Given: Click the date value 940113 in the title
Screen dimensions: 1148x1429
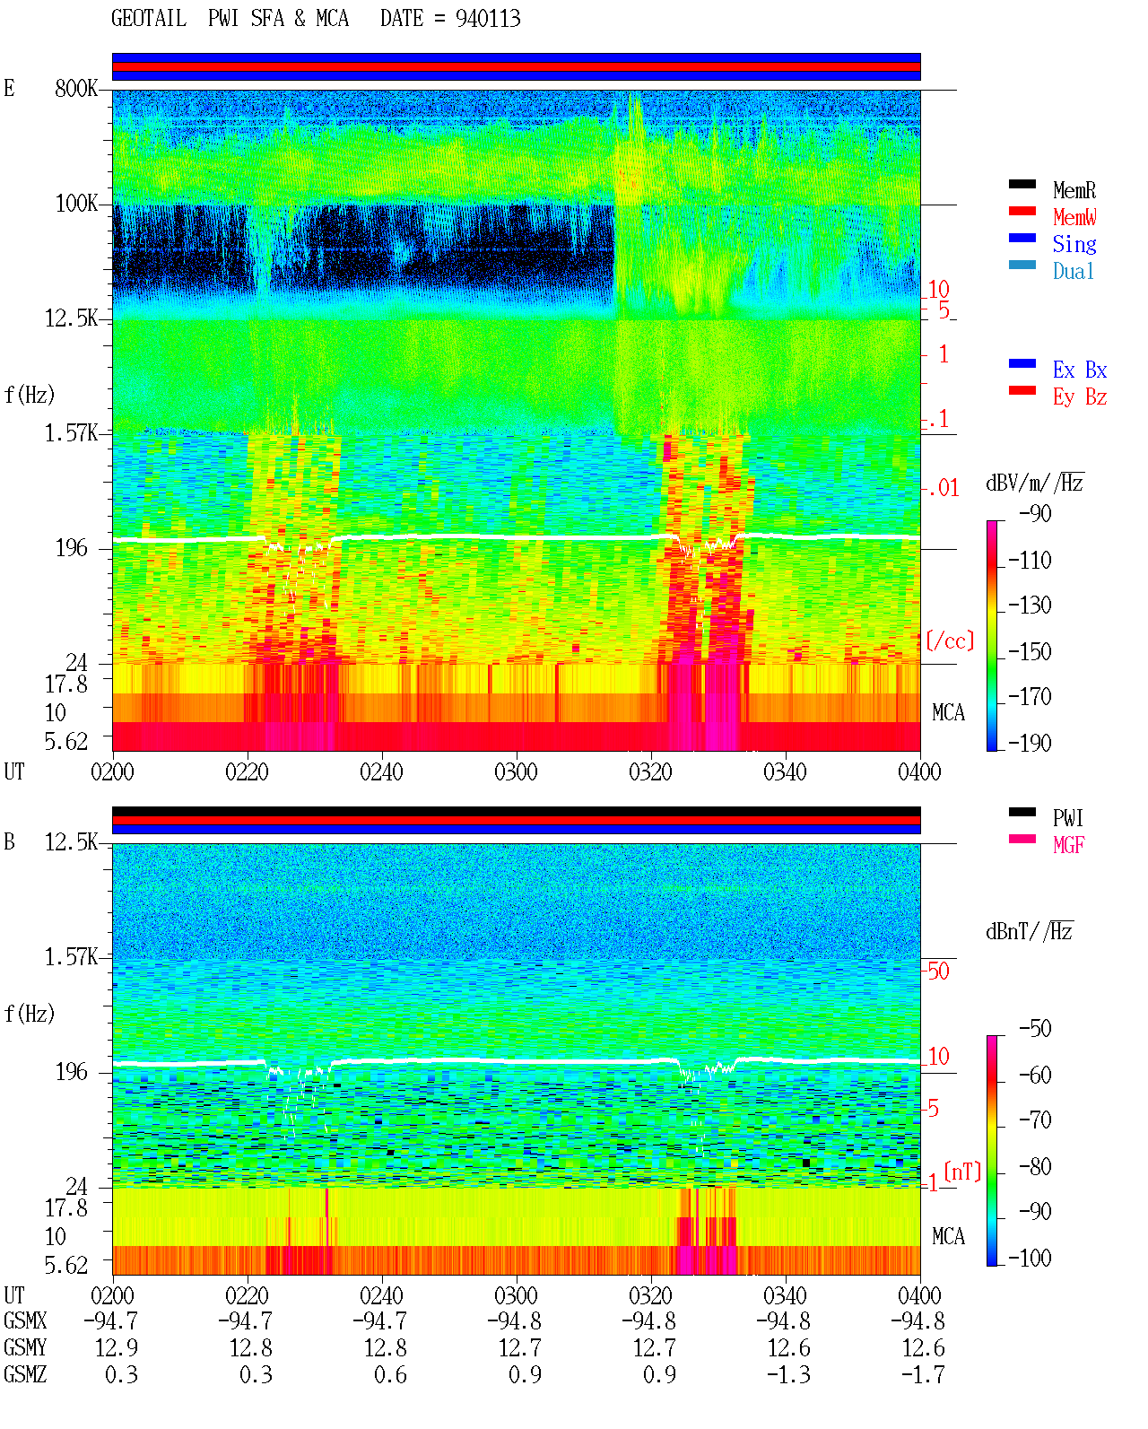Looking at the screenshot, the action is [x=488, y=18].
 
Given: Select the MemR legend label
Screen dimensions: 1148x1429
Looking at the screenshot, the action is [x=1074, y=190].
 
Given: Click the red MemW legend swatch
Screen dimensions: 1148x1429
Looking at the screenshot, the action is [x=1022, y=211].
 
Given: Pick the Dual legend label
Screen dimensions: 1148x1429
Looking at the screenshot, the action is [x=1074, y=271].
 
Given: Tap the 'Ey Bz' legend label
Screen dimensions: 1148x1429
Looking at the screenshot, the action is [x=1080, y=396].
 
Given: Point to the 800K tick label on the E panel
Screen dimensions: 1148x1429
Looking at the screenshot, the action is [x=76, y=88].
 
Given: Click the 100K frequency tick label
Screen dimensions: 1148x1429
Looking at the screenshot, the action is [x=76, y=204].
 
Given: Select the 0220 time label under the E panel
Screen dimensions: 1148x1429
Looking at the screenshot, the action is [x=247, y=771].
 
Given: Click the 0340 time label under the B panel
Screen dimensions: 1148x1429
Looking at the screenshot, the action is [x=785, y=1295].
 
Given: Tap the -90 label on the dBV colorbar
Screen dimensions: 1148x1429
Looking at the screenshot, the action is [x=1035, y=513].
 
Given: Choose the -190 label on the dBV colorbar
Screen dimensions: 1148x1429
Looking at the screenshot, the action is [x=1030, y=743].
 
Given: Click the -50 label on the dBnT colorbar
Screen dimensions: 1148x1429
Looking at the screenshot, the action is [x=1035, y=1029].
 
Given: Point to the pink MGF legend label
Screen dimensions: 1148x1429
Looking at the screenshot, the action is [x=1068, y=845].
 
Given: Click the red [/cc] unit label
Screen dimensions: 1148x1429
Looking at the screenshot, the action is [x=950, y=640].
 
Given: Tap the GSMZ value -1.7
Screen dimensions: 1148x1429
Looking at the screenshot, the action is [x=923, y=1374].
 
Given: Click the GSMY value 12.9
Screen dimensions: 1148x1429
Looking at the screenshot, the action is [x=117, y=1348].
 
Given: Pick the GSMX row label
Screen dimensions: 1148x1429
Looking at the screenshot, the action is [x=25, y=1321].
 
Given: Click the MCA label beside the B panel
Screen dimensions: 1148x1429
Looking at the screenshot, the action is [x=948, y=1236].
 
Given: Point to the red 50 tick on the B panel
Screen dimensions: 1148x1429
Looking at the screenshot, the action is [x=938, y=971].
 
